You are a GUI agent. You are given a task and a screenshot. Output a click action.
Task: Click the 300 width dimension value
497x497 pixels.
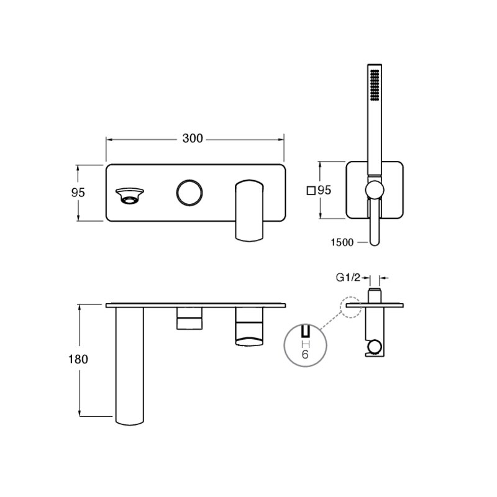pyautogui.click(x=193, y=139)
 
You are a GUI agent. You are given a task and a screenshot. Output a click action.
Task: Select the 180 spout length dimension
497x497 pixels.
pyautogui.click(x=78, y=359)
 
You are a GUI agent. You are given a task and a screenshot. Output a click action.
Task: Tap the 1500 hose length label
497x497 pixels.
pyautogui.click(x=342, y=242)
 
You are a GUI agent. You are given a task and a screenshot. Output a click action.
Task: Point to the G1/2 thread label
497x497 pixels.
pyautogui.click(x=348, y=278)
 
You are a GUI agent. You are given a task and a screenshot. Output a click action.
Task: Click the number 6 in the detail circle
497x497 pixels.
pyautogui.click(x=305, y=354)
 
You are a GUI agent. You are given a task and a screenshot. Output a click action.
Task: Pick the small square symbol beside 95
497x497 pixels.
pyautogui.click(x=311, y=191)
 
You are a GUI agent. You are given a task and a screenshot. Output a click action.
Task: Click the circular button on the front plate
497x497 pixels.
pyautogui.click(x=189, y=193)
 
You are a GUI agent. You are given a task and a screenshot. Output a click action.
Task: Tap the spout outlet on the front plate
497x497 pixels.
pyautogui.click(x=129, y=196)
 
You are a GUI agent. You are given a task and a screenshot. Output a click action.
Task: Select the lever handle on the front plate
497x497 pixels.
pyautogui.click(x=249, y=211)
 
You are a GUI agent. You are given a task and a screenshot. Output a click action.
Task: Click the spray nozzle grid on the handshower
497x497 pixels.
pyautogui.click(x=375, y=85)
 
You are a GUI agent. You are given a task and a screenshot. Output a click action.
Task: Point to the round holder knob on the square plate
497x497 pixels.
pyautogui.click(x=375, y=190)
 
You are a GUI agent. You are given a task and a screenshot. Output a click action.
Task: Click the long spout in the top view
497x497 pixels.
pyautogui.click(x=130, y=366)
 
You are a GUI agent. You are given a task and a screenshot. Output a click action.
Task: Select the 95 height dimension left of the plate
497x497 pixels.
pyautogui.click(x=78, y=193)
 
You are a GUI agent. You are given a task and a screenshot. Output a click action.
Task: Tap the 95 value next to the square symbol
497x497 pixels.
pyautogui.click(x=324, y=190)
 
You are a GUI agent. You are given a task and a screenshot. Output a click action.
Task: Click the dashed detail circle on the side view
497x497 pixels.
pyautogui.click(x=350, y=307)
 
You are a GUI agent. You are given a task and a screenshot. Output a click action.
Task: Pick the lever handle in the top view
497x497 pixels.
pyautogui.click(x=249, y=327)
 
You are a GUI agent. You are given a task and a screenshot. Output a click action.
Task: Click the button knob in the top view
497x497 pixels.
pyautogui.click(x=189, y=319)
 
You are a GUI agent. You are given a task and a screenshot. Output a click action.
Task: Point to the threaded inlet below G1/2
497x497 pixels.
pyautogui.click(x=375, y=296)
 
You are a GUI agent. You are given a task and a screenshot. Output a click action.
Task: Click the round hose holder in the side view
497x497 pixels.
pyautogui.click(x=374, y=347)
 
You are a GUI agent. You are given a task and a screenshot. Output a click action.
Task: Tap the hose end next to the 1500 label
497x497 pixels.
pyautogui.click(x=375, y=235)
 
